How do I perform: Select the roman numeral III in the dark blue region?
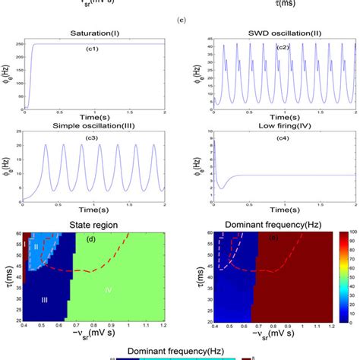tap(44, 301)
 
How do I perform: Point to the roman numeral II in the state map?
tap(35, 248)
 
